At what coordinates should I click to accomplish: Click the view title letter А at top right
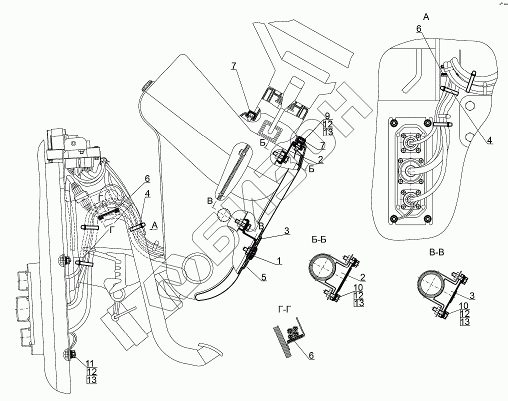point(425,17)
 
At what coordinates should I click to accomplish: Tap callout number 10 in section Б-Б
point(358,286)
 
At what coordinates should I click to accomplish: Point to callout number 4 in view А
point(490,140)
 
